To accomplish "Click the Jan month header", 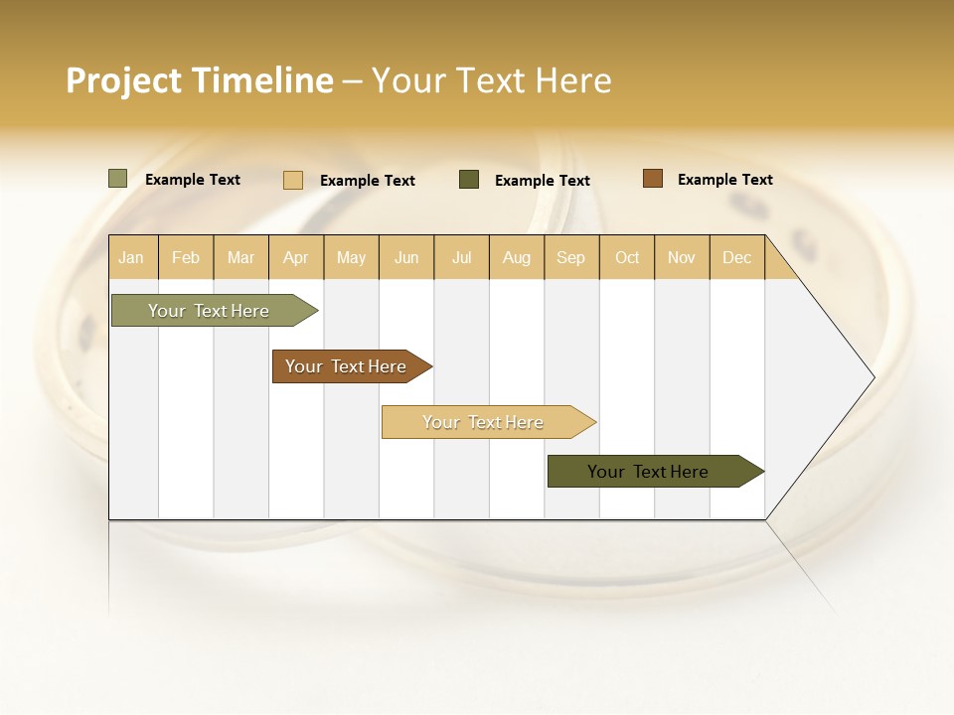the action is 132,257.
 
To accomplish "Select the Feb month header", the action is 186,257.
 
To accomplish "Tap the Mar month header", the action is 240,257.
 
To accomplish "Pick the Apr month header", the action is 296,257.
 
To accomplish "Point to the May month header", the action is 351,257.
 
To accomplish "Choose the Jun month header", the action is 406,257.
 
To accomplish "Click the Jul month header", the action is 461,257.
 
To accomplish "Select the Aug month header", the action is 517,257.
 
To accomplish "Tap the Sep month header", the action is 571,257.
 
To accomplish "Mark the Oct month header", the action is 627,257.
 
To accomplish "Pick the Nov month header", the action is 682,257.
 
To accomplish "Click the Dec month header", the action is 737,257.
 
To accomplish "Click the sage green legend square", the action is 117,179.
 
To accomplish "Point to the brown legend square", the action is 652,179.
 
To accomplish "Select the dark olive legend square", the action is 469,179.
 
